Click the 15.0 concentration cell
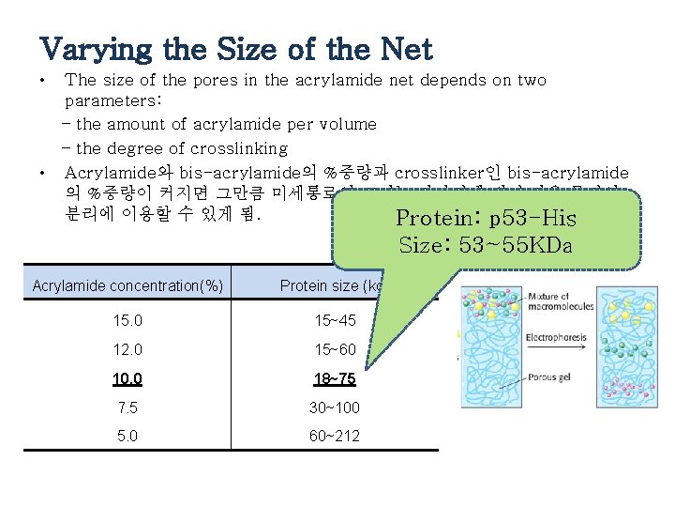coord(127,321)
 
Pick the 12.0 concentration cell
coord(127,350)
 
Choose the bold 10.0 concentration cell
coord(127,379)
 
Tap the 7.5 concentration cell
coord(127,408)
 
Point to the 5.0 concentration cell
coord(127,437)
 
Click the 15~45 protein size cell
coord(335,321)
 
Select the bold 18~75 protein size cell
coord(335,379)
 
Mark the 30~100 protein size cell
coord(335,408)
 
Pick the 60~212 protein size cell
coord(335,437)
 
